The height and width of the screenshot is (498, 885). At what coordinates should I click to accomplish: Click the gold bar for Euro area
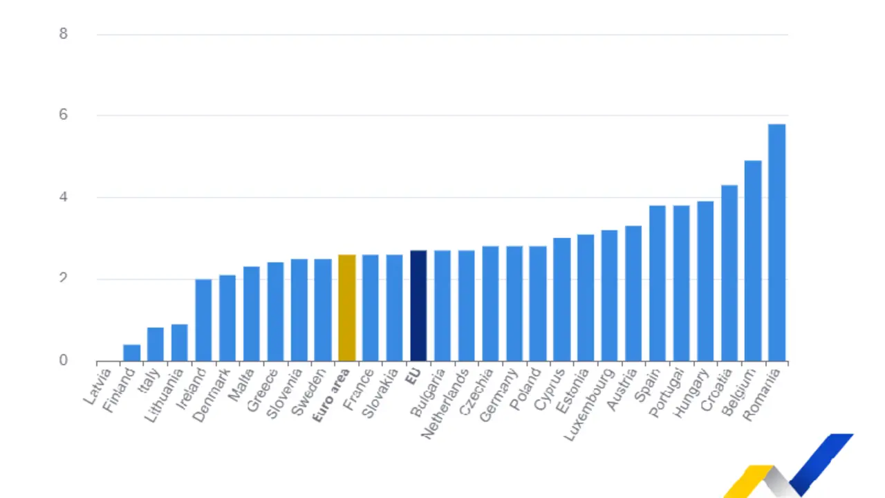click(x=347, y=308)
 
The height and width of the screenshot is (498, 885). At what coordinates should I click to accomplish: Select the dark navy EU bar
click(x=418, y=306)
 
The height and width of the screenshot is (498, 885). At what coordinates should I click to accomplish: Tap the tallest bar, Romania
click(x=776, y=242)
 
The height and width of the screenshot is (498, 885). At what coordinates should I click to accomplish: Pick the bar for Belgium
click(x=753, y=261)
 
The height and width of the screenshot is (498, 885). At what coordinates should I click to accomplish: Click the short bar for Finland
click(x=131, y=353)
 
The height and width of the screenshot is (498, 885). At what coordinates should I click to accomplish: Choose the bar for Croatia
click(x=729, y=273)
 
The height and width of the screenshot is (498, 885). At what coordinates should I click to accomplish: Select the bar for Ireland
click(x=203, y=320)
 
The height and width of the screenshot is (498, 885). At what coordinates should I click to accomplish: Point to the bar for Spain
click(x=658, y=284)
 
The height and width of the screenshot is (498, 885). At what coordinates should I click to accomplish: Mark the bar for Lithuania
click(x=180, y=342)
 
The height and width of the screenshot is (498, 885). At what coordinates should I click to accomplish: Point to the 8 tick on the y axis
click(x=64, y=34)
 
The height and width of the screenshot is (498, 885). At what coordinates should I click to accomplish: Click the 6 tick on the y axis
click(x=64, y=115)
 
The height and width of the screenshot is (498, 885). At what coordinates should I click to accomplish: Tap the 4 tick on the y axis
click(x=64, y=197)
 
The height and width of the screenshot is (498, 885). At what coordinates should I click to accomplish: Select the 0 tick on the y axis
click(x=64, y=360)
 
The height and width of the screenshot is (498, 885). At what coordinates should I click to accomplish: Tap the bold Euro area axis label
click(x=332, y=395)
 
